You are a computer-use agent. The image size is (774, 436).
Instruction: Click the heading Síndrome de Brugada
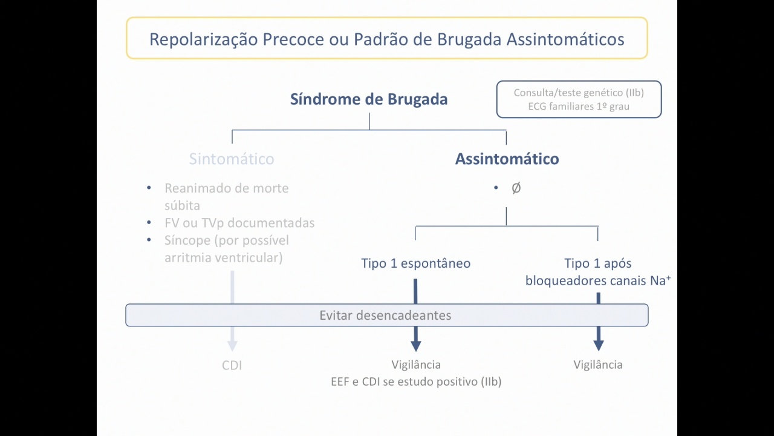pyautogui.click(x=369, y=99)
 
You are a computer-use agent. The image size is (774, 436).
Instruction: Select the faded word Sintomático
pyautogui.click(x=232, y=159)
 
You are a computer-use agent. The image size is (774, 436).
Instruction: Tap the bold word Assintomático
pyautogui.click(x=507, y=159)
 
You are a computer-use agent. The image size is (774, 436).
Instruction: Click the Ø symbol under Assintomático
pyautogui.click(x=516, y=188)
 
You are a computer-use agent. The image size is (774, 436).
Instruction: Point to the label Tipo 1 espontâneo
pyautogui.click(x=415, y=263)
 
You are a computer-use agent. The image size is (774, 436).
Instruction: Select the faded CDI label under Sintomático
pyautogui.click(x=232, y=365)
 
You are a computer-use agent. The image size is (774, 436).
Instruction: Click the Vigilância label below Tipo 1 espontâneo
pyautogui.click(x=416, y=365)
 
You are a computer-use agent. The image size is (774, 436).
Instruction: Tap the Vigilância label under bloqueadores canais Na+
pyautogui.click(x=598, y=365)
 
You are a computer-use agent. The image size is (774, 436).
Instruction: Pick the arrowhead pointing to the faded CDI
pyautogui.click(x=232, y=346)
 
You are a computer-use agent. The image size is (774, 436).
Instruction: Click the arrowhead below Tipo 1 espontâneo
pyautogui.click(x=415, y=346)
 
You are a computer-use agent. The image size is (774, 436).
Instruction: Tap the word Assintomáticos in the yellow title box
pyautogui.click(x=565, y=39)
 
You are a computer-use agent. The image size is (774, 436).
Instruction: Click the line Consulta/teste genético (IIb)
pyautogui.click(x=579, y=93)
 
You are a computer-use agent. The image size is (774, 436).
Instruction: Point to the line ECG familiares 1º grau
pyautogui.click(x=579, y=106)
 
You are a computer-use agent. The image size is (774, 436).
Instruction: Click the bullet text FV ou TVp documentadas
pyautogui.click(x=239, y=223)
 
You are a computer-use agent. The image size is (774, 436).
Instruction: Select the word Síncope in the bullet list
pyautogui.click(x=187, y=240)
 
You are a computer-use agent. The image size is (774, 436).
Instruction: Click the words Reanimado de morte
pyautogui.click(x=226, y=188)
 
